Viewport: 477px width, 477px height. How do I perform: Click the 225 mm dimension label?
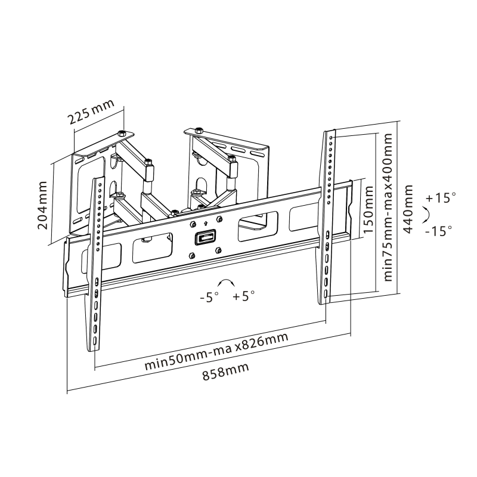tap(91, 111)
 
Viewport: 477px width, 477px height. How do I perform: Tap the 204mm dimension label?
tap(42, 205)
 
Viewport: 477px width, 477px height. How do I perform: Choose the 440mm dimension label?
tap(408, 209)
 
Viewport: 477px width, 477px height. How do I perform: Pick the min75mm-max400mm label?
tap(388, 207)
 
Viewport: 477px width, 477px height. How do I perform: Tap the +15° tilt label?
tap(441, 198)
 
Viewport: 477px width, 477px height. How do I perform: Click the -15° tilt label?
tap(438, 231)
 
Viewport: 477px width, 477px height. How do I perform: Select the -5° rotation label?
tap(209, 297)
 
